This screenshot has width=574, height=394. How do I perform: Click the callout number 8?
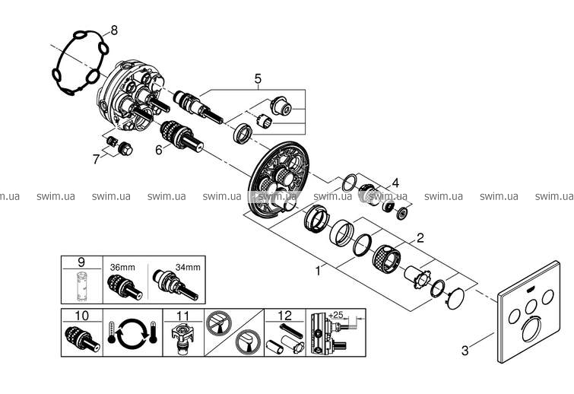point(114,30)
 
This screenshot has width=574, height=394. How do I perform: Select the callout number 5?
point(258,78)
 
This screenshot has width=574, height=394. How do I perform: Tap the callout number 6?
point(158,150)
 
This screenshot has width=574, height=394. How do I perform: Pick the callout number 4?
point(395,183)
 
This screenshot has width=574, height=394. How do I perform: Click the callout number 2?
point(419,237)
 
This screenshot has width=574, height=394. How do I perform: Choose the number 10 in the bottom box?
point(80,315)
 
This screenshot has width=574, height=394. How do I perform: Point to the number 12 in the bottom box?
point(284,315)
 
